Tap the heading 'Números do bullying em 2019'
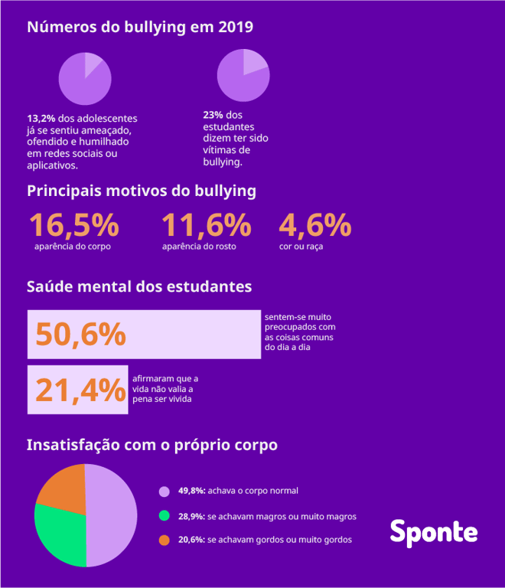tap(140, 27)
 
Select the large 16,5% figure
tap(73, 225)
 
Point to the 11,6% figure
tap(206, 225)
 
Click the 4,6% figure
tap(314, 225)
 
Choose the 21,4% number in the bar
tap(80, 390)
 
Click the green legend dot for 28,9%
tap(164, 516)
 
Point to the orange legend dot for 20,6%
tap(164, 540)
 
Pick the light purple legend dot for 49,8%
tap(164, 491)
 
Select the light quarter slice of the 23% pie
tap(254, 63)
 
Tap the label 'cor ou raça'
tap(301, 247)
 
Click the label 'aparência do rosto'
tap(199, 247)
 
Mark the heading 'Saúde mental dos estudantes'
tap(139, 287)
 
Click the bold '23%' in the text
tap(213, 115)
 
